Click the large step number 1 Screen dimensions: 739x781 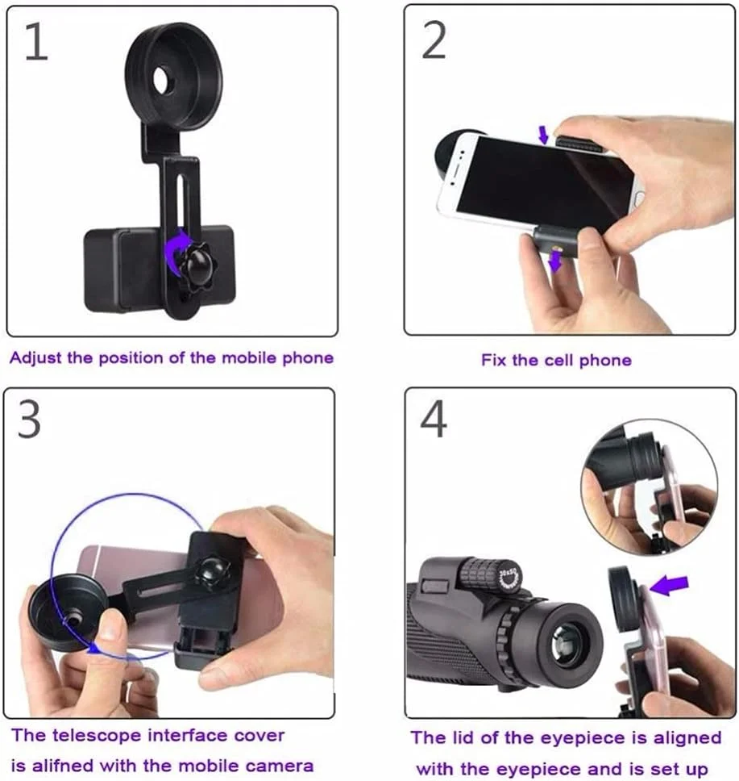tap(37, 42)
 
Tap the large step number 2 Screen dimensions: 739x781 tap(434, 41)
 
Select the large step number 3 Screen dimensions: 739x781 tap(29, 420)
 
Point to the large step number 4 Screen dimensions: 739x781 tap(433, 420)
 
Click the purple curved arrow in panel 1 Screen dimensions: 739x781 tap(177, 252)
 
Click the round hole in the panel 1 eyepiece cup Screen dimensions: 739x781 tap(161, 80)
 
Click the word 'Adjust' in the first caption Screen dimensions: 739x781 tap(35, 359)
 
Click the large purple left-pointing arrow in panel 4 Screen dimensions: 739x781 tap(669, 586)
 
